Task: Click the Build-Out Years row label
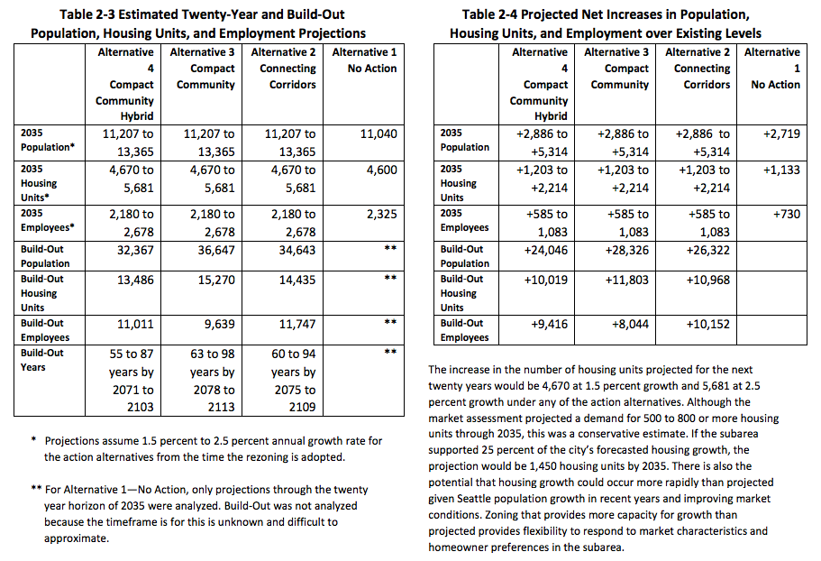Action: click(x=42, y=360)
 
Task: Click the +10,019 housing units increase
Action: click(x=548, y=280)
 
